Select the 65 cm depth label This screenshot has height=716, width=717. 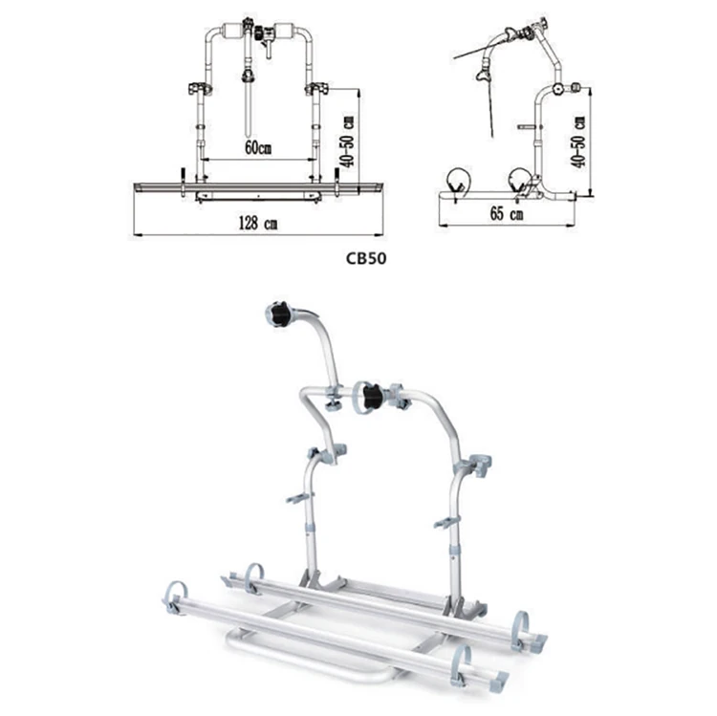508,215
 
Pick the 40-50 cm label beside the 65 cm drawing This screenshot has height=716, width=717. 580,140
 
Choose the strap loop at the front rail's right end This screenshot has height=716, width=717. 463,662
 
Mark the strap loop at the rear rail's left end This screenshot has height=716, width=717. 252,575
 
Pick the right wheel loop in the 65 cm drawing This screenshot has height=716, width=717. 519,179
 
